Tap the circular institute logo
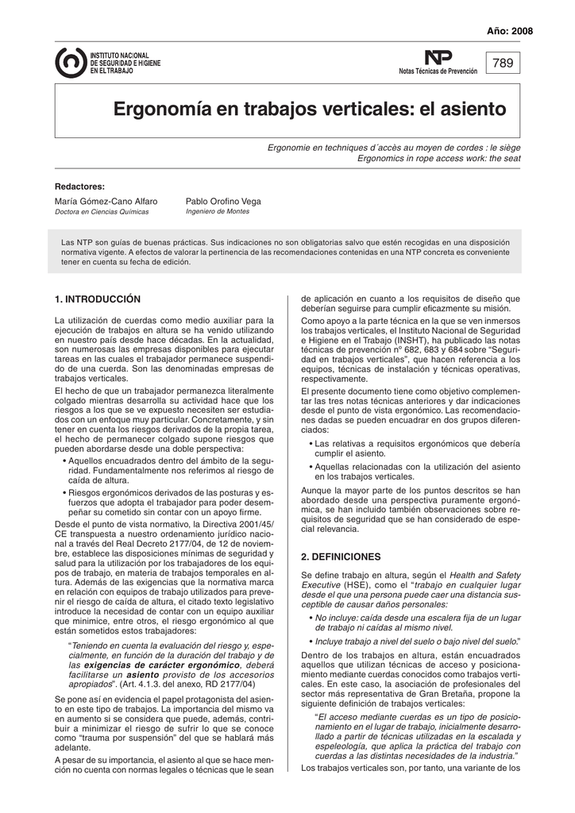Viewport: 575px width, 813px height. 71,63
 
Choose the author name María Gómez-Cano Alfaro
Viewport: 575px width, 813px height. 106,202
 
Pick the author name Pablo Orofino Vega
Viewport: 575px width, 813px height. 222,202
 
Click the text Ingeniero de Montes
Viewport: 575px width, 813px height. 217,212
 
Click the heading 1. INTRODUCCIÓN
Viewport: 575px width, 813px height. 97,299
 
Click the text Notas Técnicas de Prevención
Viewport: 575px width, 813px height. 438,71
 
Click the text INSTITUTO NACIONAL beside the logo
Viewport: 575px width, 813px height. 120,55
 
